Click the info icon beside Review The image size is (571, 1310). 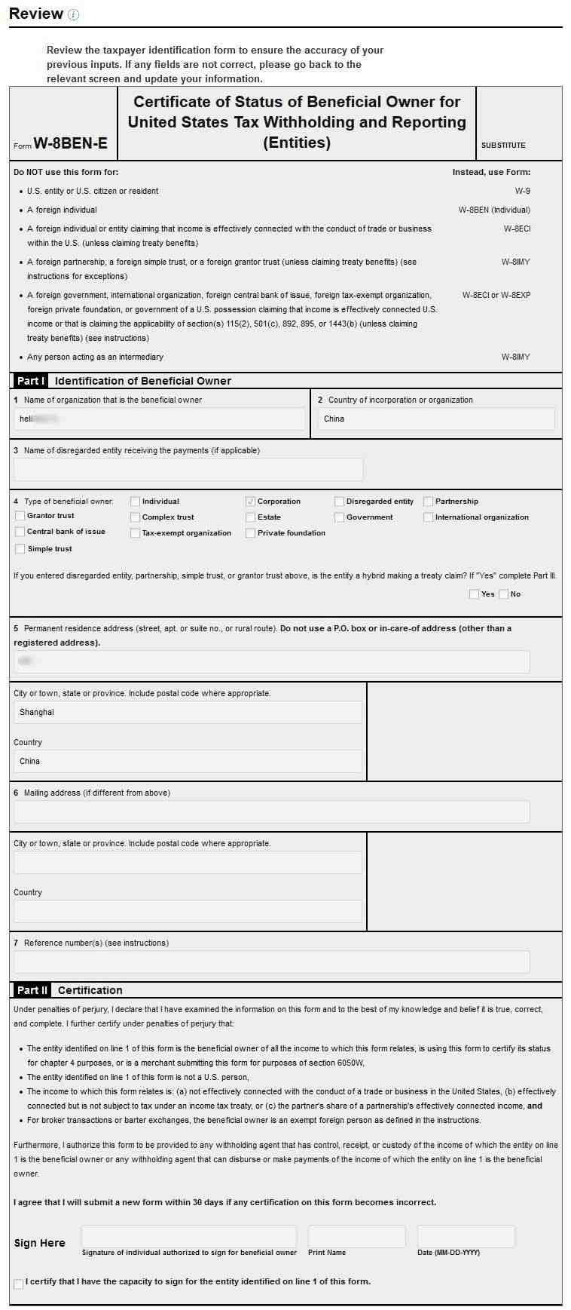click(x=73, y=14)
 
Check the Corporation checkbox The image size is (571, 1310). click(x=250, y=502)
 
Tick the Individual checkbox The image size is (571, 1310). click(x=135, y=502)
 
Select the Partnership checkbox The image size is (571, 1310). click(x=428, y=502)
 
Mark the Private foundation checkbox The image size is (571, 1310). click(x=250, y=533)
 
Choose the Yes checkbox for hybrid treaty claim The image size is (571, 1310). click(x=474, y=594)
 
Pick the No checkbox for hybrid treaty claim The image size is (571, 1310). click(x=503, y=594)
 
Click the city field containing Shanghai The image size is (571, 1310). click(x=188, y=712)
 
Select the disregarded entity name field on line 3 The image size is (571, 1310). click(x=188, y=469)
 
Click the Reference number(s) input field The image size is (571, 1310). click(x=271, y=962)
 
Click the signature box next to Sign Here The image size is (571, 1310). click(x=188, y=1236)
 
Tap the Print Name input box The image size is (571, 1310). click(x=356, y=1236)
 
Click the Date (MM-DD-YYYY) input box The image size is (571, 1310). click(x=466, y=1236)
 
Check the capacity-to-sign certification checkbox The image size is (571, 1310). click(x=19, y=1284)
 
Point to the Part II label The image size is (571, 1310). click(x=32, y=990)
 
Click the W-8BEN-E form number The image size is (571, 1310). click(x=70, y=143)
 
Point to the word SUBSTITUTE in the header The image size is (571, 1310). click(x=503, y=145)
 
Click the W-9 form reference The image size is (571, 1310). click(x=522, y=192)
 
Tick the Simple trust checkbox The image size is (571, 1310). click(x=20, y=549)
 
